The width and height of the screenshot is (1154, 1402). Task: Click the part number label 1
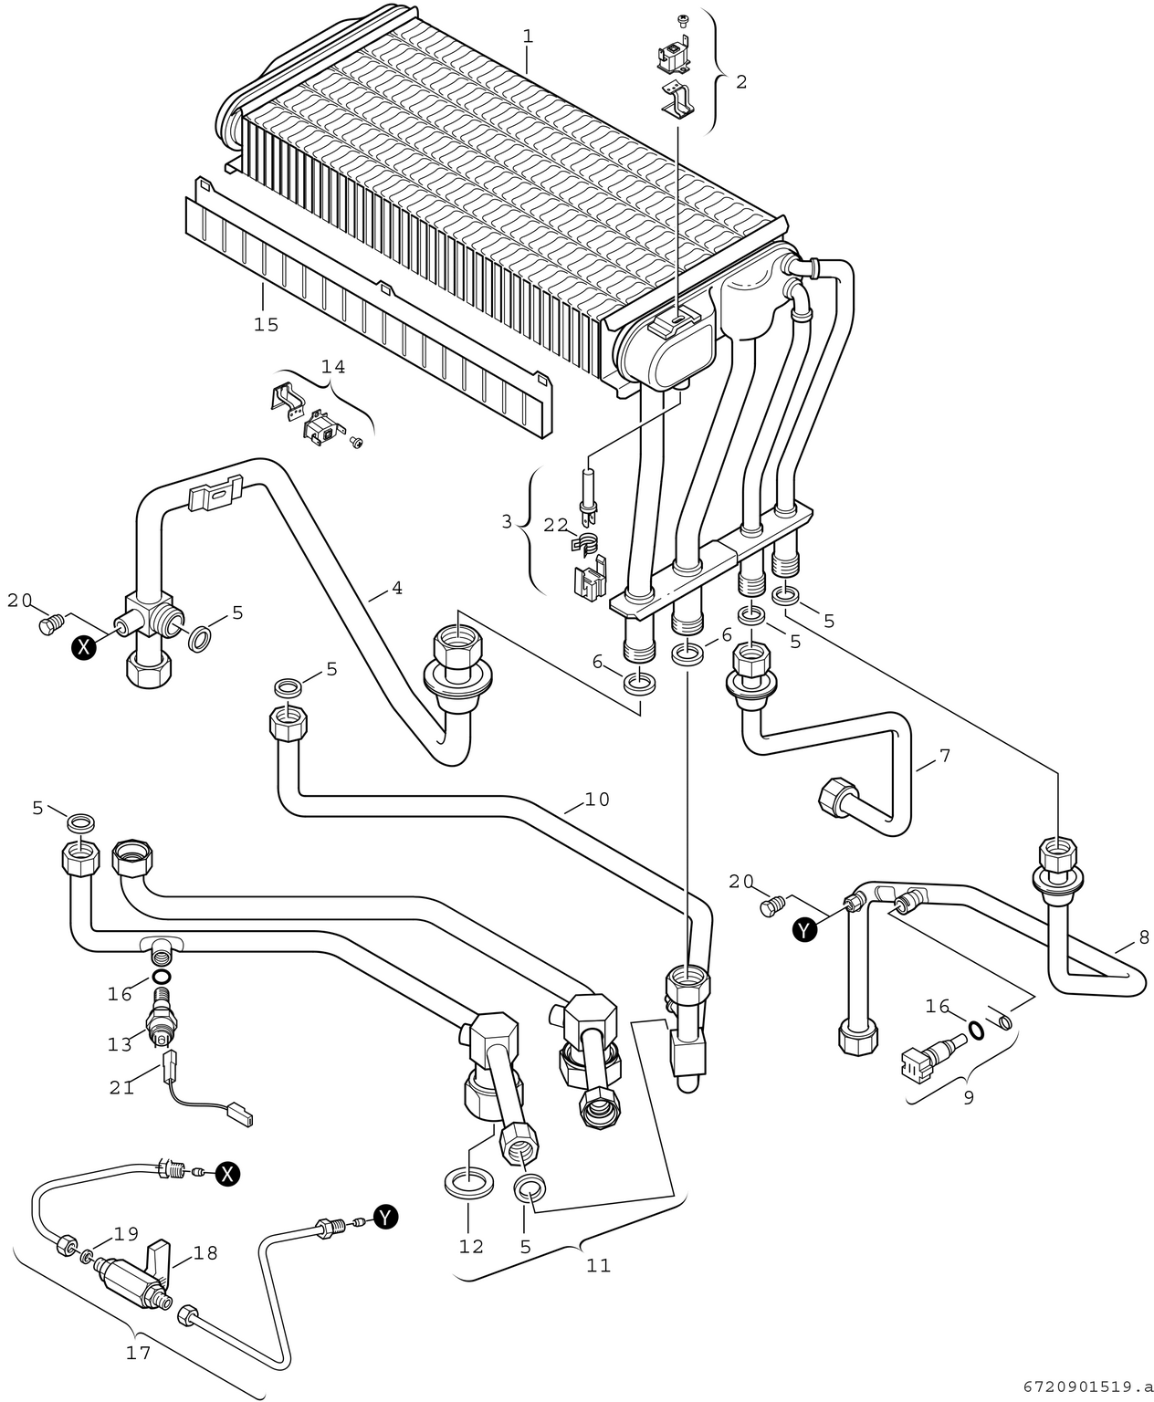tap(528, 37)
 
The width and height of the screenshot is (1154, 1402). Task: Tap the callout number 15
tap(266, 325)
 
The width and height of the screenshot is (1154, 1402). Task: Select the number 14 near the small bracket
tap(333, 366)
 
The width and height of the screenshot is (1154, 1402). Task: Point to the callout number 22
tap(557, 525)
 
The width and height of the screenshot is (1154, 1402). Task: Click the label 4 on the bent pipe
tap(397, 588)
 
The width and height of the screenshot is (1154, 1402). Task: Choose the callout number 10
tap(597, 799)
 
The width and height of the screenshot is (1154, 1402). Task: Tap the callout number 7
tap(945, 756)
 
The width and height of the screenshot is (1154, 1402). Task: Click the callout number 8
tap(1144, 937)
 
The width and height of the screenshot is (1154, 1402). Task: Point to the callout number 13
tap(121, 1044)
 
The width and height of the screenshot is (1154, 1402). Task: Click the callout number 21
tap(122, 1088)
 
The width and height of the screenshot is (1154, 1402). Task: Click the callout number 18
tap(205, 1253)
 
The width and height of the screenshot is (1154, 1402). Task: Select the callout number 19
tap(126, 1234)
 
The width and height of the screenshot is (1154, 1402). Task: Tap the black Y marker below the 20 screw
tap(805, 930)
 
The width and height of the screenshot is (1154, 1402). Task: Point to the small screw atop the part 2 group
tap(682, 21)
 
